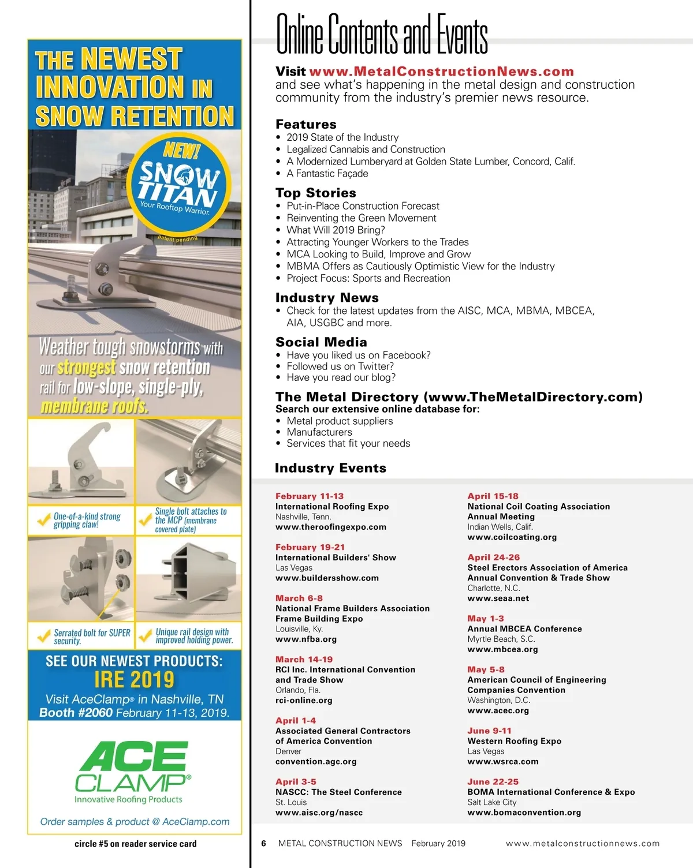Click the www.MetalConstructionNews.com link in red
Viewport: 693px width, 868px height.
[x=441, y=72]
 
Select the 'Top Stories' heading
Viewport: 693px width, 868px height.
[x=315, y=193]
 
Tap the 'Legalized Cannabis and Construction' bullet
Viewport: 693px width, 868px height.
[x=366, y=149]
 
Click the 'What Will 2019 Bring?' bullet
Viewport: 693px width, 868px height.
[x=336, y=230]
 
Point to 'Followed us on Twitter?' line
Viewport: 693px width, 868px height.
[x=340, y=366]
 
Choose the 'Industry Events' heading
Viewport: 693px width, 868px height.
[x=330, y=468]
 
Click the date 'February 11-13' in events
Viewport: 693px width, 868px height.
[x=309, y=496]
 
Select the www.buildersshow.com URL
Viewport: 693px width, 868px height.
[x=327, y=578]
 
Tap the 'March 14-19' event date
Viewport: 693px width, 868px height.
[x=304, y=659]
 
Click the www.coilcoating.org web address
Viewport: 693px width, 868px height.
[x=512, y=537]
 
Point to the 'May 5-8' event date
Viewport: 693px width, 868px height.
[x=486, y=669]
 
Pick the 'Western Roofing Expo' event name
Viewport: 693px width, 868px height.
[x=514, y=741]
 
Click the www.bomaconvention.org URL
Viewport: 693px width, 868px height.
[x=524, y=812]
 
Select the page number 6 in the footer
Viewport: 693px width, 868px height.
[x=263, y=843]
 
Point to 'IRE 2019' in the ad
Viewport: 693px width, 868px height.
[x=134, y=679]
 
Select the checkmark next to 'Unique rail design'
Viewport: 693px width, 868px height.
[x=145, y=636]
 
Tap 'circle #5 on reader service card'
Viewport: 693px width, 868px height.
[x=135, y=844]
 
